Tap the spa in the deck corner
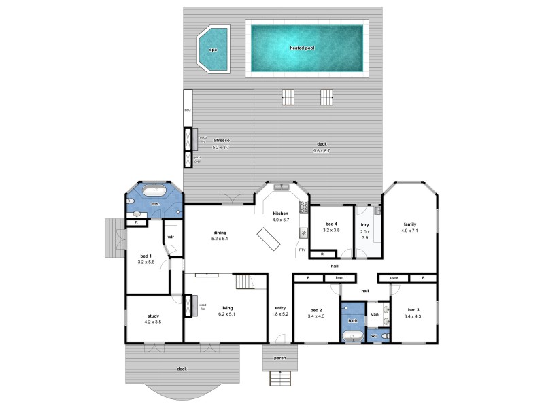(x=213, y=50)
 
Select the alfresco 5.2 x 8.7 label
(x=222, y=143)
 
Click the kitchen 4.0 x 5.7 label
(x=281, y=216)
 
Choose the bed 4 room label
(x=330, y=227)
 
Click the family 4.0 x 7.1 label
(x=409, y=227)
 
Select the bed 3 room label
(x=413, y=312)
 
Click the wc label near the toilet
(x=374, y=336)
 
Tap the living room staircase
(x=243, y=282)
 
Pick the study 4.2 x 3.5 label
(x=153, y=319)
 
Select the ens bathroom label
(x=155, y=204)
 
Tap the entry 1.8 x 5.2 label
(x=280, y=311)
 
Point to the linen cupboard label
(x=339, y=278)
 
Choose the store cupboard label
(x=393, y=278)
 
